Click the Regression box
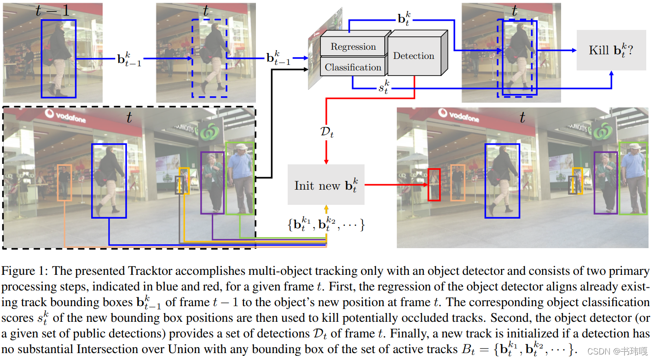tap(353, 47)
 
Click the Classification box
tap(353, 67)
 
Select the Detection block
tap(413, 56)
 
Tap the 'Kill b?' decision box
tap(611, 50)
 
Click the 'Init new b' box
tap(326, 185)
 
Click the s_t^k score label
tap(383, 87)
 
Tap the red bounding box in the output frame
tap(434, 185)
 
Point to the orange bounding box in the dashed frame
tap(64, 183)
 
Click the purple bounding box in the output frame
tap(606, 183)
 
